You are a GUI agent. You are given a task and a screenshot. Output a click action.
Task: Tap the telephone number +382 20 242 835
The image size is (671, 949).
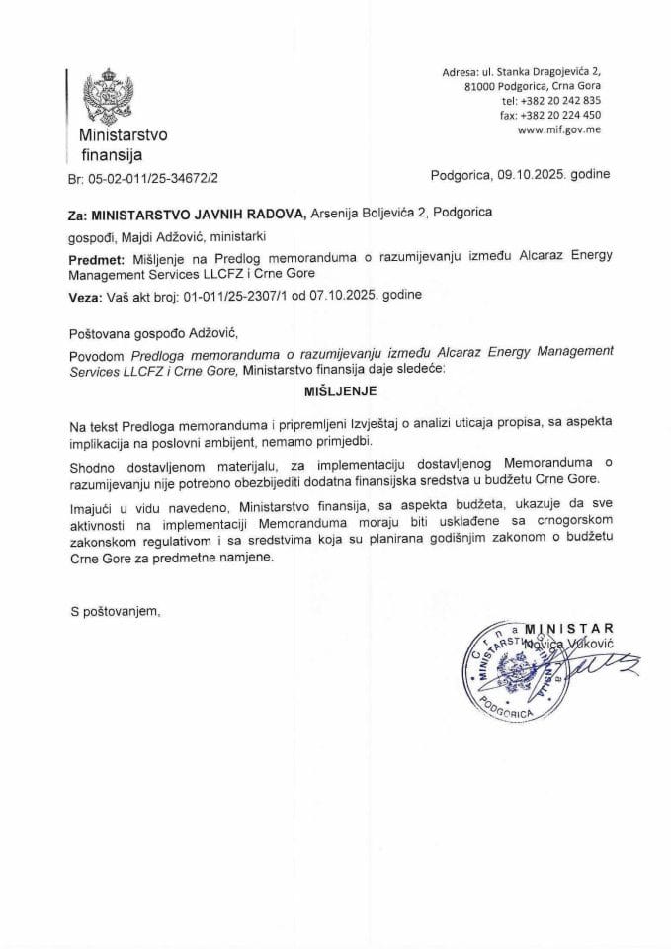click(x=558, y=101)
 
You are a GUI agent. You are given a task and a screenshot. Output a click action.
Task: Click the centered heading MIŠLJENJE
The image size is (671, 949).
click(x=335, y=390)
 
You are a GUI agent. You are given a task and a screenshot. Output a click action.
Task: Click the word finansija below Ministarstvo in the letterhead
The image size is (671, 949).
click(x=112, y=154)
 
